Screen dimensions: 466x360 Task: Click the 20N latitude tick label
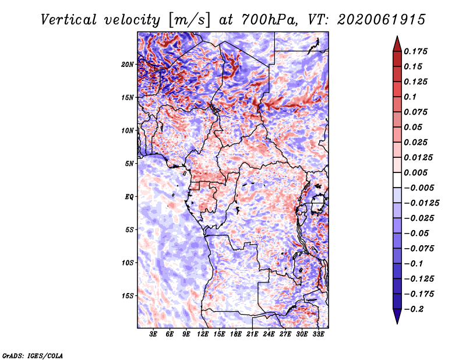tap(127, 64)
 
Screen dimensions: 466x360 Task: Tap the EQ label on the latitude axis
tap(129, 196)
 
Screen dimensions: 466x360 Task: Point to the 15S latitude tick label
tap(127, 295)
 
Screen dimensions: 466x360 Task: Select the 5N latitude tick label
tap(129, 163)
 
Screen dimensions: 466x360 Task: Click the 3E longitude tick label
tap(153, 334)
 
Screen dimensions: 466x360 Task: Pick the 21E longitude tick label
tap(252, 334)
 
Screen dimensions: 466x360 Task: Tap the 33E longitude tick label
tap(318, 334)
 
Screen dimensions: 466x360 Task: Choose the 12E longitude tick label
tap(203, 334)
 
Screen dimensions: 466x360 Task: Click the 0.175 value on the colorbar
tap(415, 51)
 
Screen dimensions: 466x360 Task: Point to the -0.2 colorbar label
tap(414, 309)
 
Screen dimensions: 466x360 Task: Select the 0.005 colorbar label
tap(415, 172)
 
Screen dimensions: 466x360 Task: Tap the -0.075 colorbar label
tap(419, 249)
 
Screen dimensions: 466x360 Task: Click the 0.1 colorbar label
tap(410, 97)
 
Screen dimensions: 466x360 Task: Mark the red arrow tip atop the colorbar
tap(397, 36)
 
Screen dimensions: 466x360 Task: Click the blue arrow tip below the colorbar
tap(397, 323)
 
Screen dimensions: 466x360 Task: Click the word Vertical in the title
tap(69, 20)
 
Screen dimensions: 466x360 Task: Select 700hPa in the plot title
tap(269, 20)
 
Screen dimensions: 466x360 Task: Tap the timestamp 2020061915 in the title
tap(382, 20)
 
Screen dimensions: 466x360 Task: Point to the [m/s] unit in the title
tap(189, 20)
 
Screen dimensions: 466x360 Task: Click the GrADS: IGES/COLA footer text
tap(33, 355)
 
